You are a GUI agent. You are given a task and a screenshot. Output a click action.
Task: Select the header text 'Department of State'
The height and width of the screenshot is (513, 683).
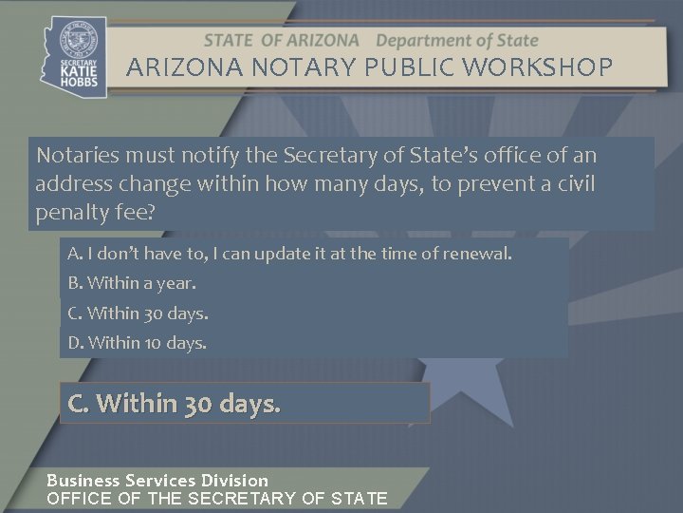(x=457, y=41)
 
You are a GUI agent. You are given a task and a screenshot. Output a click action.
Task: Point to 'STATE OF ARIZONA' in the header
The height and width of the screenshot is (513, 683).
(x=282, y=41)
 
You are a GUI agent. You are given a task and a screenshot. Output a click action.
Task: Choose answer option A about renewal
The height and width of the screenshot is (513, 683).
(x=289, y=254)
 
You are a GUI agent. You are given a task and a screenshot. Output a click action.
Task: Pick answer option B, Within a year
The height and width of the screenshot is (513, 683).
(x=132, y=283)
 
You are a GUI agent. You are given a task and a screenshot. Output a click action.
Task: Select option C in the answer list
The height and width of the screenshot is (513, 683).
(x=138, y=313)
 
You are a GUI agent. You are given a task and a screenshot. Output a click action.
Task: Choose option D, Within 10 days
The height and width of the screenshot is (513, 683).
(x=137, y=342)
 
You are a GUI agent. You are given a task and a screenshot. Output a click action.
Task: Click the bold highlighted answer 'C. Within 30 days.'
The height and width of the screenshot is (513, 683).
(x=175, y=404)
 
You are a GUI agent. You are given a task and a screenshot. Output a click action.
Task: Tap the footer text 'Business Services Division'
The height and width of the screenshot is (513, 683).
(x=157, y=481)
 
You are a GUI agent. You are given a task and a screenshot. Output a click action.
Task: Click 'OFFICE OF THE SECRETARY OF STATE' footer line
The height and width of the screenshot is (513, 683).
(x=217, y=498)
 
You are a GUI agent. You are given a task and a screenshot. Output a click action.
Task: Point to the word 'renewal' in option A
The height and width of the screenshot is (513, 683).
(x=482, y=254)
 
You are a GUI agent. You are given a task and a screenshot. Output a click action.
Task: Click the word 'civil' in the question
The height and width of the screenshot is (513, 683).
(x=572, y=182)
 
